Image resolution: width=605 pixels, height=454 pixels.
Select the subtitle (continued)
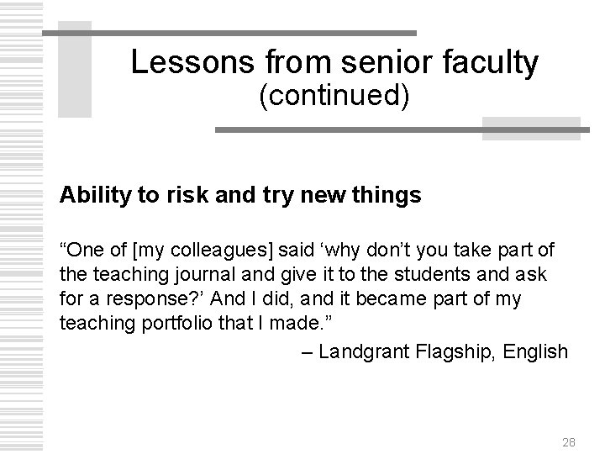[x=334, y=97]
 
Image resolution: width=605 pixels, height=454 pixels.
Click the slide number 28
[x=568, y=441]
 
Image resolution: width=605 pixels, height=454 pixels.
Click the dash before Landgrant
[x=308, y=351]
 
